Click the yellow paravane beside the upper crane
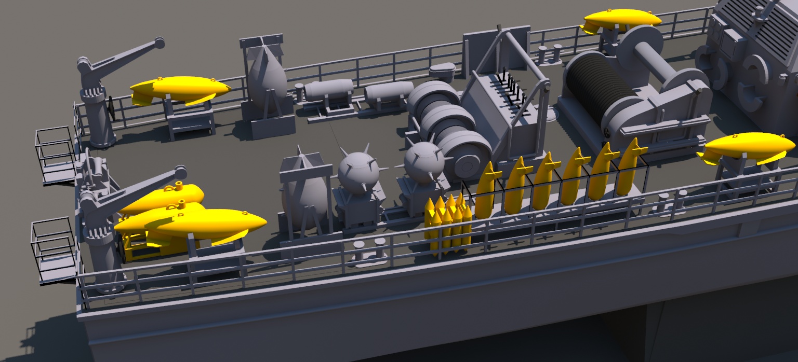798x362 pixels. pyautogui.click(x=179, y=89)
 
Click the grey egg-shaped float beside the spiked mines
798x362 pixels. pyautogui.click(x=306, y=197)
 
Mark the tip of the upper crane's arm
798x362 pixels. pyautogui.click(x=158, y=43)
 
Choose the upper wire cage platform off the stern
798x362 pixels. pyautogui.click(x=55, y=155)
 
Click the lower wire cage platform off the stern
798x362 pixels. pyautogui.click(x=54, y=249)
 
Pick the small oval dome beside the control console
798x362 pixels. pyautogui.click(x=443, y=68)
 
